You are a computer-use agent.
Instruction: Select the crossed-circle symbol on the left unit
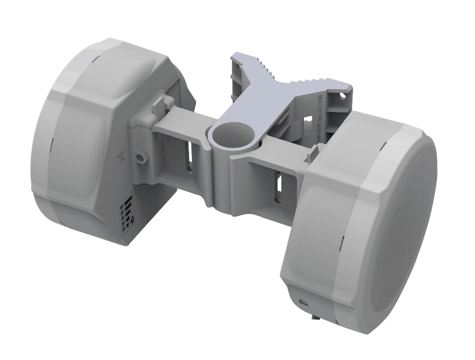[122, 158]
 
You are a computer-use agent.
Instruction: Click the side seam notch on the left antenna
[51, 146]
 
